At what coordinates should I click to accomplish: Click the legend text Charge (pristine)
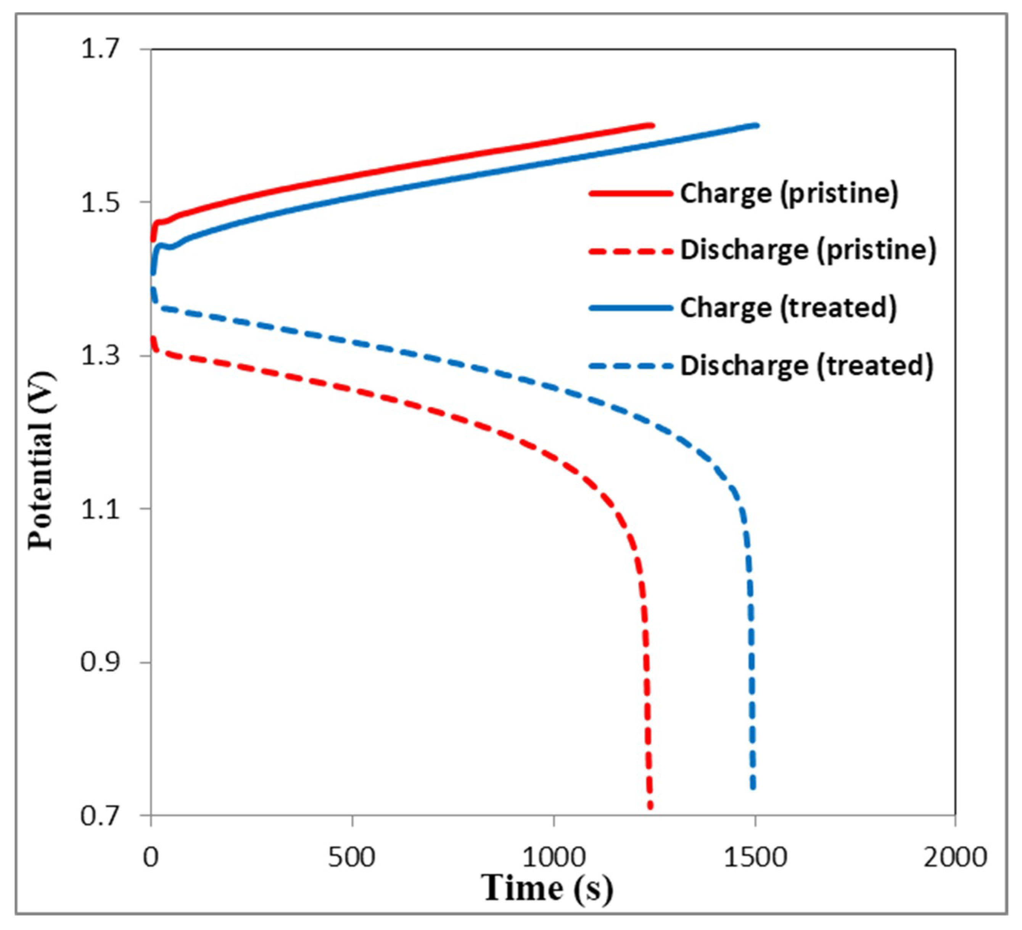point(789,193)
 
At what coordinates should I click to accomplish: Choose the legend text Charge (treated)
point(788,308)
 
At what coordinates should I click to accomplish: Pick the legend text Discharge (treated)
point(806,365)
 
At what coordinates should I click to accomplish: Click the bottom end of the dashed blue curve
point(753,787)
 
